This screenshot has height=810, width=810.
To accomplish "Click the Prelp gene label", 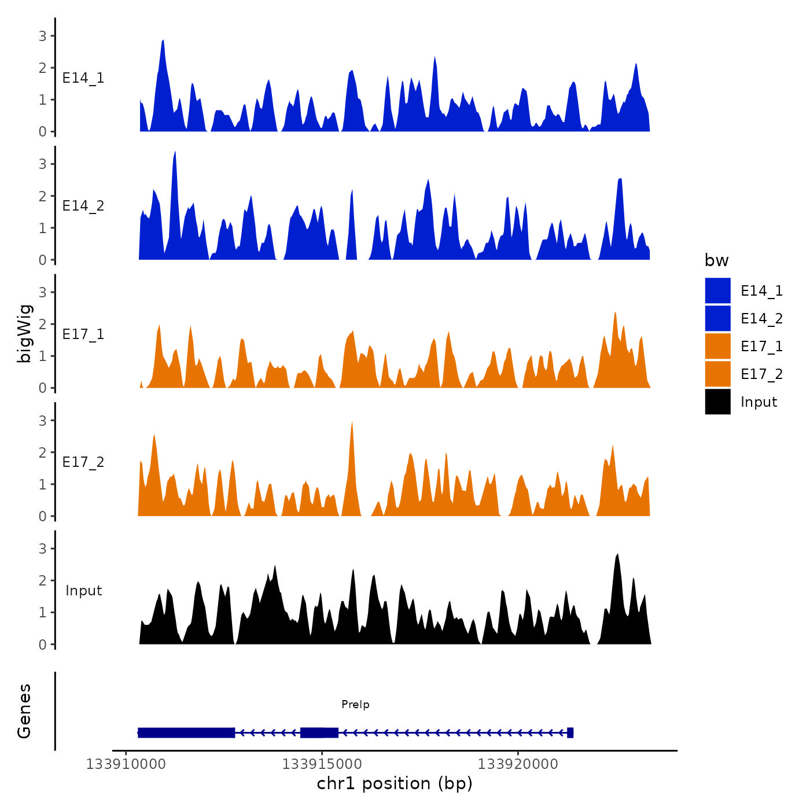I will (x=355, y=704).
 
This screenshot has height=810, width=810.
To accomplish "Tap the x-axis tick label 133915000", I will (x=322, y=764).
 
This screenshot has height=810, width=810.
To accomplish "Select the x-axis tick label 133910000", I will (x=126, y=764).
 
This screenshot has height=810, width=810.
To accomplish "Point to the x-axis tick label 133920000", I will (x=518, y=764).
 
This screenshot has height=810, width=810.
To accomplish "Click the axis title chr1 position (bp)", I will (x=395, y=783).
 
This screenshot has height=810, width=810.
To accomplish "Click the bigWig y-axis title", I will (x=25, y=333).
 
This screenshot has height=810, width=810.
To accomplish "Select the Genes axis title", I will (x=24, y=711).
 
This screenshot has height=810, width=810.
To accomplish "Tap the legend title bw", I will (x=716, y=260).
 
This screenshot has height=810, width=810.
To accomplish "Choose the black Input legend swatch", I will (x=717, y=402).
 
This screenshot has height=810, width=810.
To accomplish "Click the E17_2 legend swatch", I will (x=717, y=374).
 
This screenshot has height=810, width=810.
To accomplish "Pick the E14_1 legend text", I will (x=761, y=291).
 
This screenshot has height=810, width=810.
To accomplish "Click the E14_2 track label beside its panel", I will (x=83, y=206).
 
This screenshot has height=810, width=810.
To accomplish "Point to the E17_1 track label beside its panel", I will (x=83, y=334).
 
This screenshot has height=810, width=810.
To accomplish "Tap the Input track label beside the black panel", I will (x=83, y=591).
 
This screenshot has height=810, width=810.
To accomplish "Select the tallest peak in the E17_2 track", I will (x=352, y=424).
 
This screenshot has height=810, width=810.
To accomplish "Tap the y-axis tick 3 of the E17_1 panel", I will (x=43, y=292).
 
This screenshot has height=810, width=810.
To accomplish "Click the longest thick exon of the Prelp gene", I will (x=186, y=732).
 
